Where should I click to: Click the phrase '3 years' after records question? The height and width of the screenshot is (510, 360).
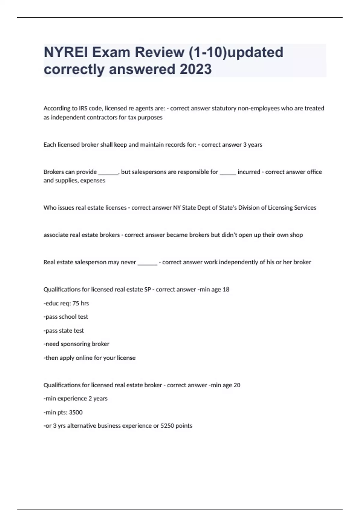click(253, 145)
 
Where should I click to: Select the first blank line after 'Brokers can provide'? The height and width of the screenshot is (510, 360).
click(108, 172)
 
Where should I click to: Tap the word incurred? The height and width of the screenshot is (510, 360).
click(249, 172)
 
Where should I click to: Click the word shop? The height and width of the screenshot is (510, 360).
click(296, 235)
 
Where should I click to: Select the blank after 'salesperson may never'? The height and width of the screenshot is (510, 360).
click(147, 262)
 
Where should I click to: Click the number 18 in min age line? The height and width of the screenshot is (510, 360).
click(226, 289)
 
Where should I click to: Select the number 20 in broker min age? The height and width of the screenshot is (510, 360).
click(237, 385)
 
